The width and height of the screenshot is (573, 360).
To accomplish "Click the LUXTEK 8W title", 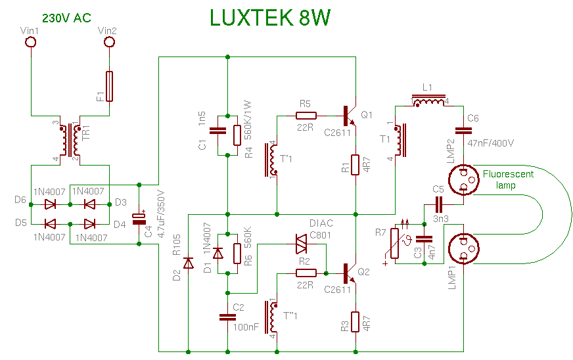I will coord(269,18).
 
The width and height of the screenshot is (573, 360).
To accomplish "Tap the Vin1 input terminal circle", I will coord(30,43).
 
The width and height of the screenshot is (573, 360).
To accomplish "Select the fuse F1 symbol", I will coord(110,87).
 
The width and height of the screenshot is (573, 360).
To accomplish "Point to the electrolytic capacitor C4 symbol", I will coord(139,218).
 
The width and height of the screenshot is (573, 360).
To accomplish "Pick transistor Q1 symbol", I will coord(350,116).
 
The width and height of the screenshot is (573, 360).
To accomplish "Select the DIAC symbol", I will coord(302,244).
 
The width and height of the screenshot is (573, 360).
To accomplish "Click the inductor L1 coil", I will coord(428,101).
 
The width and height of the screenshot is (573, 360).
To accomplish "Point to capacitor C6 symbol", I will coord(463,131).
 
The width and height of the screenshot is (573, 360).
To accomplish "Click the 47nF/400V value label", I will coord(491,142).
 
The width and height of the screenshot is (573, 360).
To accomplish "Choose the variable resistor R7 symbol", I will coord(396,244).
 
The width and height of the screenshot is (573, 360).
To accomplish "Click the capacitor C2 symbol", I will coord(227,317).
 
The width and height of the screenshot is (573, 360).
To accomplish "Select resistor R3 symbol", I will coord(355,322).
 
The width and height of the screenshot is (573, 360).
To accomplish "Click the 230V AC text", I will coord(66,18).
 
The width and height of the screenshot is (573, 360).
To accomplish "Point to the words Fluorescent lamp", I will coord(507,179).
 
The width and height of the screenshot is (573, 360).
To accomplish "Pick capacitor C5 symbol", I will coord(439,204).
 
